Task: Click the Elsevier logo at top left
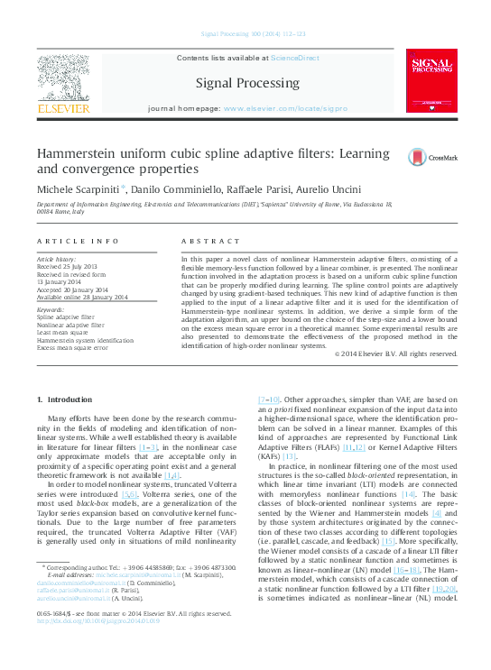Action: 63,86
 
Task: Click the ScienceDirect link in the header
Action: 297,58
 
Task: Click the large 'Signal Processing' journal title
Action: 247,83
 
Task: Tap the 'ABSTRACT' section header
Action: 211,242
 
